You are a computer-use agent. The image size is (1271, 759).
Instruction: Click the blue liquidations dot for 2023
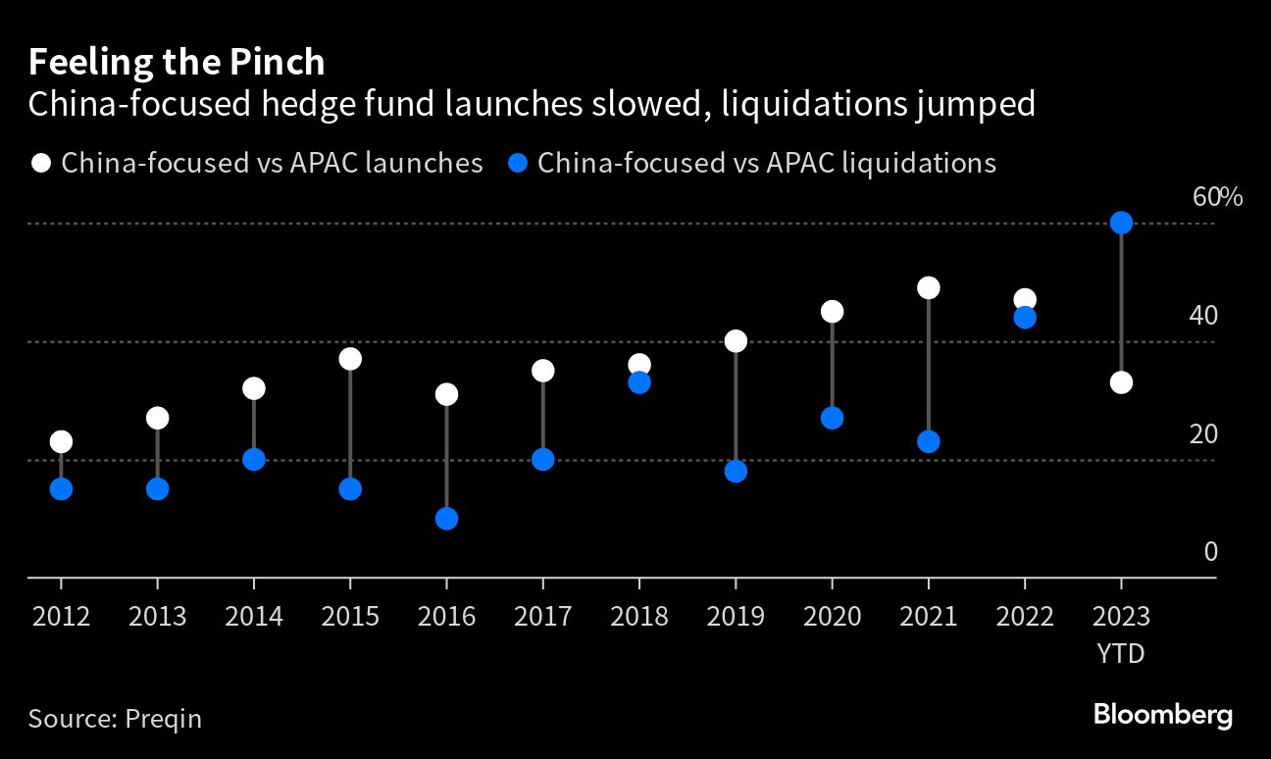click(x=1121, y=224)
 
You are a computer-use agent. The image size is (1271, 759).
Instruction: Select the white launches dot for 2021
click(x=928, y=288)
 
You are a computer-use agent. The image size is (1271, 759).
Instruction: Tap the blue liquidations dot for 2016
click(x=446, y=519)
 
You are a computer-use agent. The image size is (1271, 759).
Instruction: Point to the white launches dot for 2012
click(x=61, y=442)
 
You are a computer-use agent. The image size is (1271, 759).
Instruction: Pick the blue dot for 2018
click(x=639, y=382)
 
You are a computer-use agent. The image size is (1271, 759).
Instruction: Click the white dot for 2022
click(x=1025, y=300)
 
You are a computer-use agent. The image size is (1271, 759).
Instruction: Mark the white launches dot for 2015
click(x=350, y=359)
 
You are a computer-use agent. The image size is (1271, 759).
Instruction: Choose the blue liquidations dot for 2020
click(x=832, y=419)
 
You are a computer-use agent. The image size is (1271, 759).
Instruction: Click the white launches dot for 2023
click(x=1121, y=382)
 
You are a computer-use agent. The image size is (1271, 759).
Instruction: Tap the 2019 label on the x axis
click(x=736, y=616)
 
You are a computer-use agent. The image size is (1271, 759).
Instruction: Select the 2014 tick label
click(x=254, y=616)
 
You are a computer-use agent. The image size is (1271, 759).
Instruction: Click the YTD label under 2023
click(x=1121, y=653)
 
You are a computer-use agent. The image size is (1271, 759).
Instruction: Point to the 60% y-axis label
click(x=1217, y=196)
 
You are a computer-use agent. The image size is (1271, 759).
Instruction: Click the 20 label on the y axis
click(x=1203, y=433)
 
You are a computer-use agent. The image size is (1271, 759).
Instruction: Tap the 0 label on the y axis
click(x=1210, y=552)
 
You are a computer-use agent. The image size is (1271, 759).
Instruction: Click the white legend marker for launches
click(x=41, y=163)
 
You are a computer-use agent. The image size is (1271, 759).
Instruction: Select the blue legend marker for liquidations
click(x=519, y=163)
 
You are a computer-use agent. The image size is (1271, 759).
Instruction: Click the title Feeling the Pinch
click(x=177, y=63)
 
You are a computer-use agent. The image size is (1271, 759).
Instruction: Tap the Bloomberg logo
click(x=1163, y=715)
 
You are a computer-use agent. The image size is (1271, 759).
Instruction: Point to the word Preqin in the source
click(x=163, y=719)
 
